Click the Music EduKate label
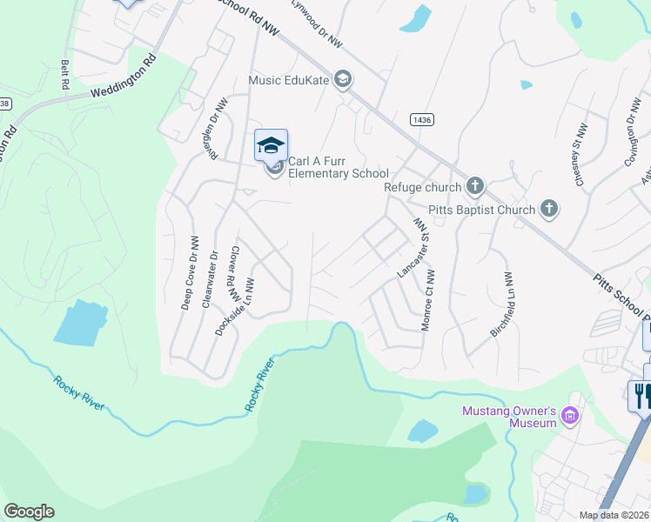[x=289, y=80]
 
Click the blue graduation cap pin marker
[x=271, y=144]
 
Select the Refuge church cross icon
[x=475, y=185]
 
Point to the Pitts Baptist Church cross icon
[x=549, y=208]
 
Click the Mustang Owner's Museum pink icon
[x=571, y=417]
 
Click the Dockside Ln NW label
[x=236, y=307]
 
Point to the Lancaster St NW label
[x=414, y=248]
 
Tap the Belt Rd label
[x=64, y=75]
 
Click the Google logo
[x=29, y=512]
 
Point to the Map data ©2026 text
[x=614, y=515]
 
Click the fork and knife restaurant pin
[x=641, y=396]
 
